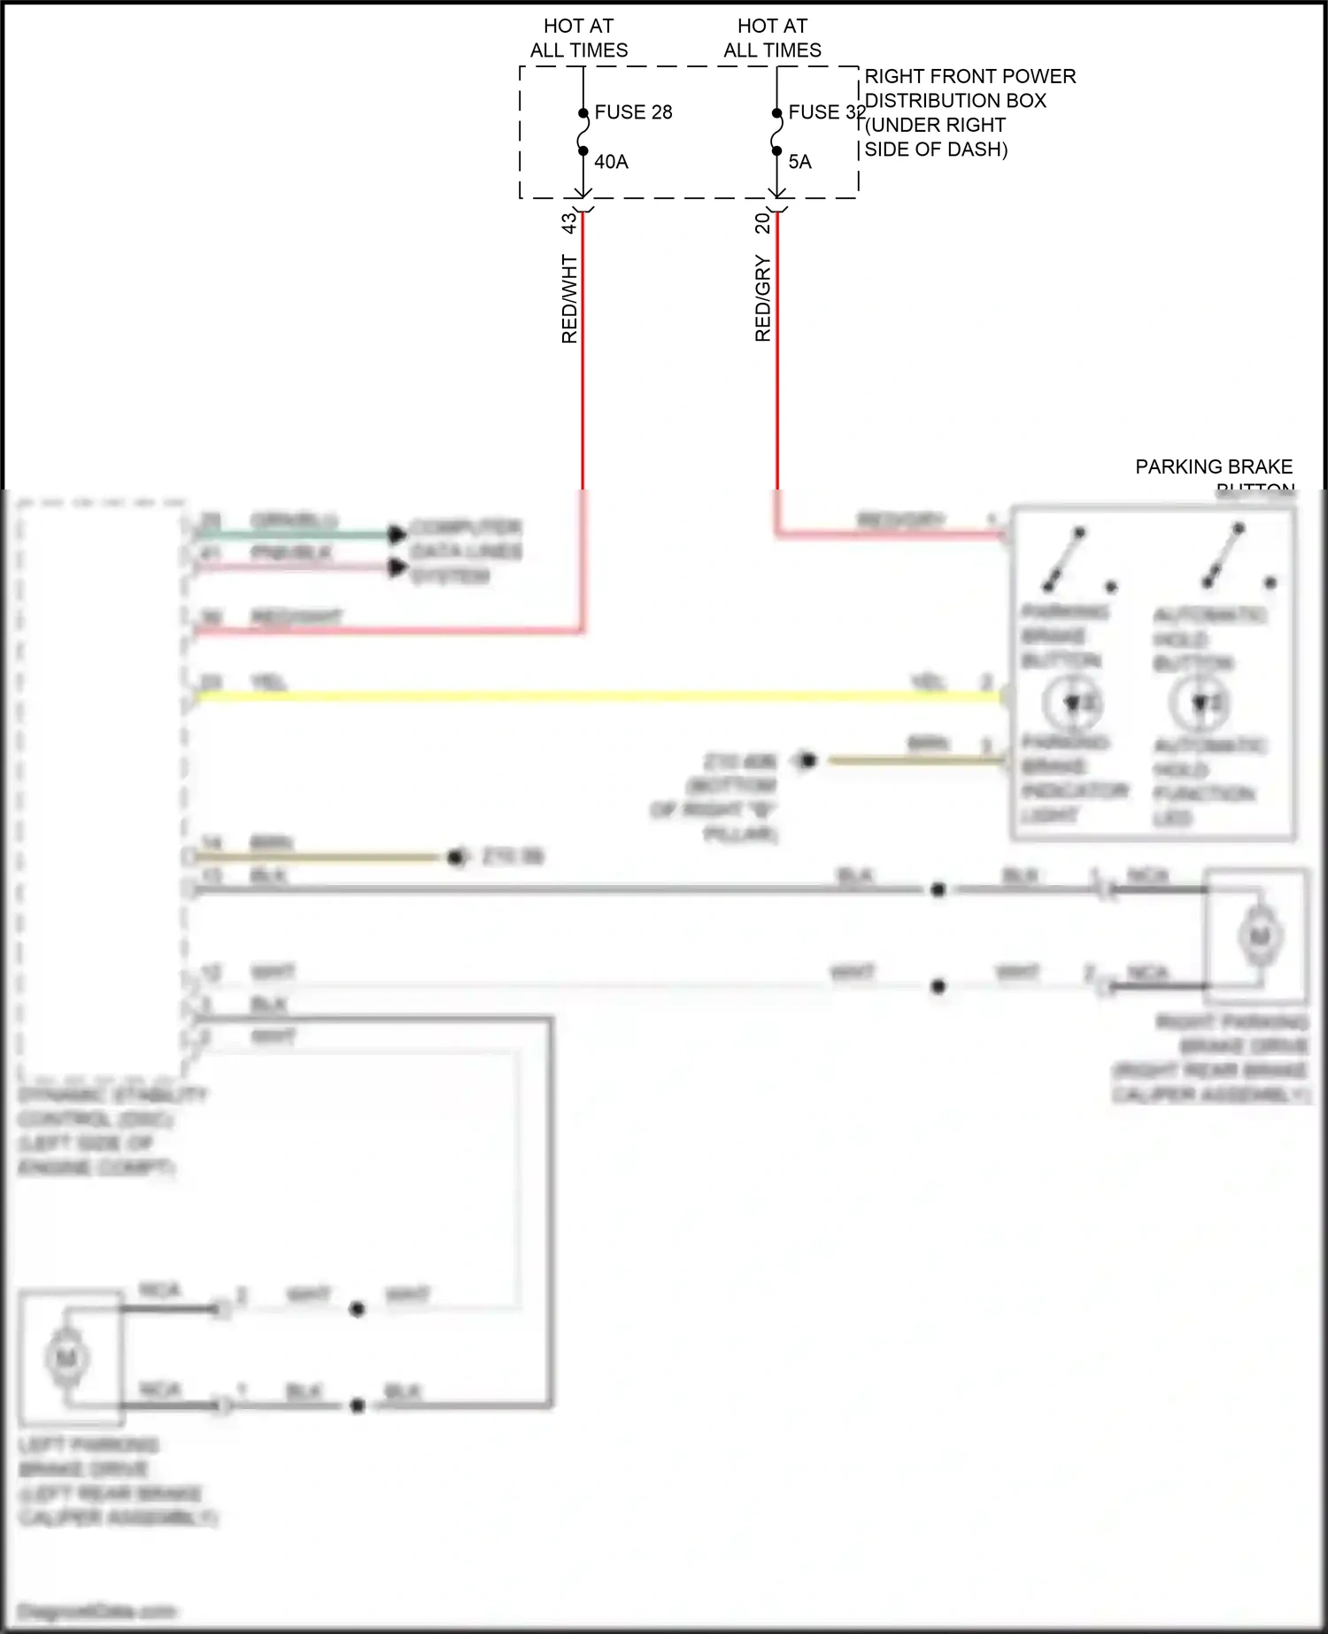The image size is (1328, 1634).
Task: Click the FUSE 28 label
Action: (633, 112)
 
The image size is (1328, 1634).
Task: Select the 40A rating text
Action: (611, 162)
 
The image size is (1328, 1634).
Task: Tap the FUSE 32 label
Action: (826, 112)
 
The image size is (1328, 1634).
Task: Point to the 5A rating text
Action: (799, 162)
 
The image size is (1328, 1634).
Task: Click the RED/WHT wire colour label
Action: (569, 299)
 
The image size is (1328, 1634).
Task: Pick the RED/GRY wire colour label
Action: (762, 298)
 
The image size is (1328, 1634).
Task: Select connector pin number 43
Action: (569, 223)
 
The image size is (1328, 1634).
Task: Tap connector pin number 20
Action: (762, 223)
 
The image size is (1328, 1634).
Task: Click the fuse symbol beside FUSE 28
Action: (583, 132)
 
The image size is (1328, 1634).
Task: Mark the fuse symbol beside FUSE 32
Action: (776, 132)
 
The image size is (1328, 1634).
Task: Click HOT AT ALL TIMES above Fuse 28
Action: (579, 38)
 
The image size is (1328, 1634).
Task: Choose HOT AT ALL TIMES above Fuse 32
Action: (772, 38)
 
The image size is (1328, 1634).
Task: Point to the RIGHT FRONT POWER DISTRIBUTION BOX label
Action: (969, 112)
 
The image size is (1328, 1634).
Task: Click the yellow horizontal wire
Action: (593, 697)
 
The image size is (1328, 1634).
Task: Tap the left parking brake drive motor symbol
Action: (67, 1357)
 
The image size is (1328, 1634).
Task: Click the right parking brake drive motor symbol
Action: (1259, 936)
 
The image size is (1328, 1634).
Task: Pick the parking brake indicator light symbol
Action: (1072, 703)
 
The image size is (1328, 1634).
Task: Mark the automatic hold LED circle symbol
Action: (1199, 703)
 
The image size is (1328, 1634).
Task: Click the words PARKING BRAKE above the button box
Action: (1213, 466)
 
